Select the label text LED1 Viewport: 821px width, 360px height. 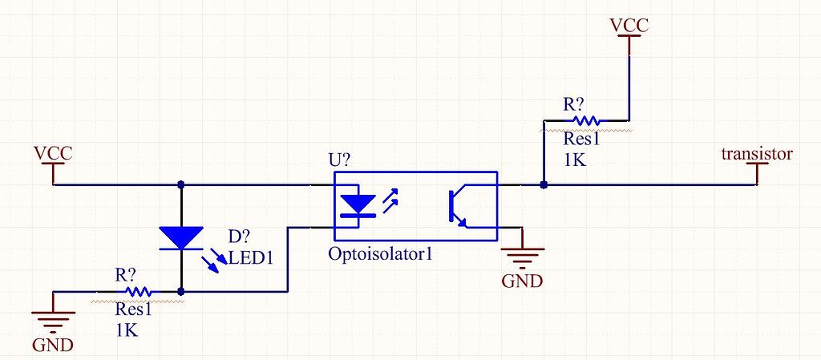(x=252, y=258)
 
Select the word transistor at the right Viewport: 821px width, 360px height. (x=757, y=154)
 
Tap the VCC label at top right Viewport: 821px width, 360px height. (x=629, y=25)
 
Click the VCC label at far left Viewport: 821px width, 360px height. (x=53, y=152)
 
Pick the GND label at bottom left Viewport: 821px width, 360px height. (x=52, y=346)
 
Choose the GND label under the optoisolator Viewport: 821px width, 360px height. (x=522, y=281)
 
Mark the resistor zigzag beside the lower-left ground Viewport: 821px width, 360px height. (x=137, y=292)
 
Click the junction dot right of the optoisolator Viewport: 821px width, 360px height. (x=544, y=184)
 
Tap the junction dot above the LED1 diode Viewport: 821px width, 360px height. (x=181, y=184)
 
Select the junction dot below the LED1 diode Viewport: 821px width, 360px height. (x=181, y=292)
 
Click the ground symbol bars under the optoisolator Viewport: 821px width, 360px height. (x=522, y=256)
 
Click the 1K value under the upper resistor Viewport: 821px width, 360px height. (x=574, y=160)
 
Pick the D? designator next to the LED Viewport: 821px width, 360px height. (x=239, y=238)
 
